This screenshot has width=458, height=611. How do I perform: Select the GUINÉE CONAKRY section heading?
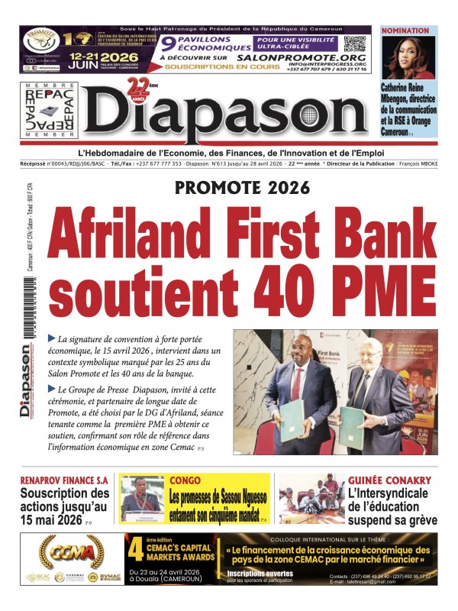coord(389,481)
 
